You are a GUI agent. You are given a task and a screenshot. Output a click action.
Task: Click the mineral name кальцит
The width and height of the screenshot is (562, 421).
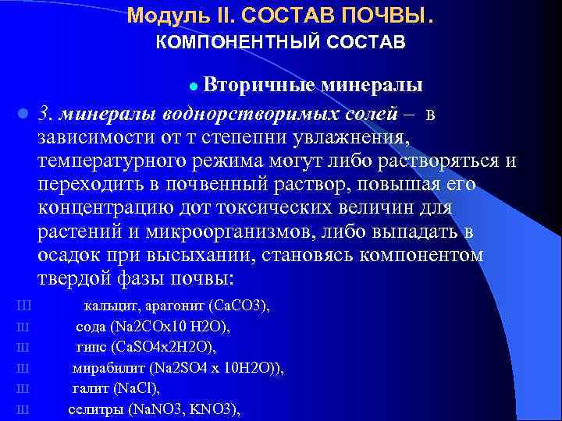click(x=108, y=306)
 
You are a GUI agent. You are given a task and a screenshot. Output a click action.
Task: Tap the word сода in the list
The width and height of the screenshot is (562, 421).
click(x=91, y=327)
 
